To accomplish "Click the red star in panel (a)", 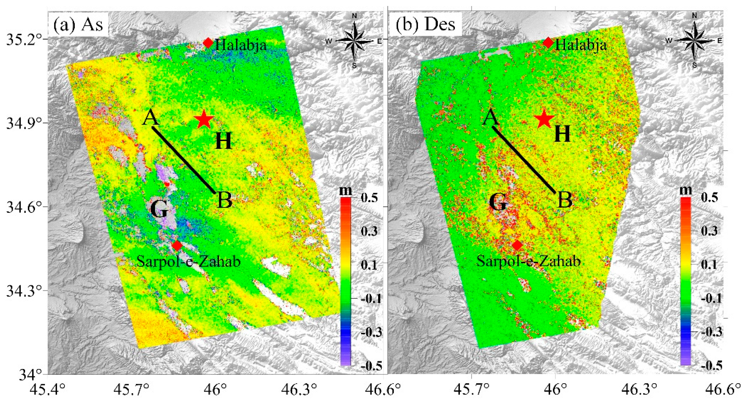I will click(x=204, y=119).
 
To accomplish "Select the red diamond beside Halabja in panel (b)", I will click(x=548, y=43).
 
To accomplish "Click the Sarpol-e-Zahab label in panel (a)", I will click(x=189, y=261).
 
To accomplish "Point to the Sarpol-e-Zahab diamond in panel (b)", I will click(x=517, y=245).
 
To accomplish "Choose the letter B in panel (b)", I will click(x=565, y=200).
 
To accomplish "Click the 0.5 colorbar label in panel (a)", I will click(x=369, y=198).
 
